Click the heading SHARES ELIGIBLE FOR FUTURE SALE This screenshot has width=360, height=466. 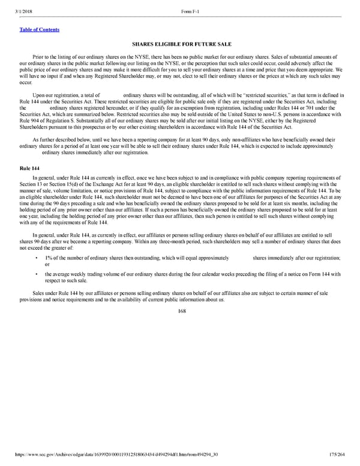180,44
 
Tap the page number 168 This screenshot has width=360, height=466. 180,312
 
